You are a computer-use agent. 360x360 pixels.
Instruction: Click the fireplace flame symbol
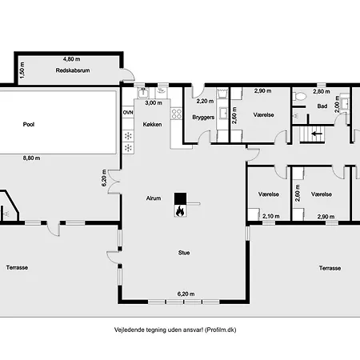[180, 211]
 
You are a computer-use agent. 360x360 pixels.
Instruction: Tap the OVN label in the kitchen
[128, 113]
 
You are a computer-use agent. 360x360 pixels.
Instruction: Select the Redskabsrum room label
[73, 70]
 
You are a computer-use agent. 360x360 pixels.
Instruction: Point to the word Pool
[29, 124]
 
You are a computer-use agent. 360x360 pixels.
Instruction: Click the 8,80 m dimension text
[31, 158]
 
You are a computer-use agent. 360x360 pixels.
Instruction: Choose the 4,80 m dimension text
[71, 59]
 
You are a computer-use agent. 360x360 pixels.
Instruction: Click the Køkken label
[152, 124]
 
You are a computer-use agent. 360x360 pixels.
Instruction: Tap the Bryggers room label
[203, 118]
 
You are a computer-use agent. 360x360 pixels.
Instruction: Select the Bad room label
[322, 106]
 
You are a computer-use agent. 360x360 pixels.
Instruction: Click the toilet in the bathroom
[300, 96]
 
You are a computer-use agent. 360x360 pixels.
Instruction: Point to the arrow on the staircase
[317, 134]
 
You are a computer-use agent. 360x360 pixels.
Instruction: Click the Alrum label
[154, 198]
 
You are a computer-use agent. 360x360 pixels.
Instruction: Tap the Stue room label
[184, 253]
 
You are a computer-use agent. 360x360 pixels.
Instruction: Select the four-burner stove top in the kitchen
[176, 114]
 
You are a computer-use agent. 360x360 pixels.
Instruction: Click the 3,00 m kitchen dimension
[154, 102]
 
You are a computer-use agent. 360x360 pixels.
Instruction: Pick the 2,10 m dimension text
[271, 216]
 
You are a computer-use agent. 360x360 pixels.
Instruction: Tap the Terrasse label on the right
[330, 268]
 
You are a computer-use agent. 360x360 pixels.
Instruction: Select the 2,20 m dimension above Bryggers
[205, 102]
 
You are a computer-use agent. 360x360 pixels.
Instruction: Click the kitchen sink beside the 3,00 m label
[143, 92]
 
